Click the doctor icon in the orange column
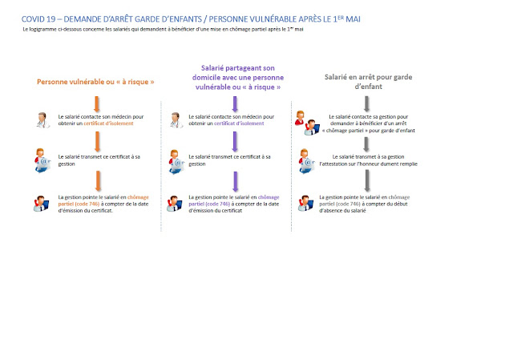pyautogui.click(x=43, y=121)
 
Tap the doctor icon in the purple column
pyautogui.click(x=175, y=121)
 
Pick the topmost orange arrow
pyautogui.click(x=96, y=104)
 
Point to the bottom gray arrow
pyautogui.click(x=366, y=179)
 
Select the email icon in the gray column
pyautogui.click(x=308, y=160)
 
